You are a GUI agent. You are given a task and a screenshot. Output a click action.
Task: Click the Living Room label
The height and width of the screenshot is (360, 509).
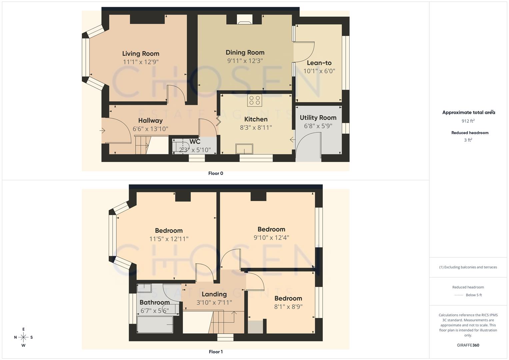click(x=140, y=54)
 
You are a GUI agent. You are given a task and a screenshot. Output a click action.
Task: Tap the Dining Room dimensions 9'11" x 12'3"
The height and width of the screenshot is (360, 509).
click(x=245, y=61)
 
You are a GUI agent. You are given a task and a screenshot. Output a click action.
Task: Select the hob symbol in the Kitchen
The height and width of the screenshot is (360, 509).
click(x=255, y=100)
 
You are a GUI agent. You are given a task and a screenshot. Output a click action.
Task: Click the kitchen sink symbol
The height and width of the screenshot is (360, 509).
click(x=244, y=149)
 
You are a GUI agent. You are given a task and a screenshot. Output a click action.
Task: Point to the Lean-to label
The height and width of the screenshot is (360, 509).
click(x=319, y=63)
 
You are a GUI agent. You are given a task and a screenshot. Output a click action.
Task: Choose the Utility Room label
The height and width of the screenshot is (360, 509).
click(x=318, y=118)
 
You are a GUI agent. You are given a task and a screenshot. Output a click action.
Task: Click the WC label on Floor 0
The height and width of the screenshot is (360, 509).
click(x=195, y=142)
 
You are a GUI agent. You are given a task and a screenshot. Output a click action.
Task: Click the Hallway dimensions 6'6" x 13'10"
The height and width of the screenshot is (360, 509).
click(x=150, y=129)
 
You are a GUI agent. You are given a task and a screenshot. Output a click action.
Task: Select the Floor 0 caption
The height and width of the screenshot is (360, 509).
click(x=216, y=173)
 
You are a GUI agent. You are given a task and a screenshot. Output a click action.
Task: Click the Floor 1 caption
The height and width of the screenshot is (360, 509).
click(x=216, y=352)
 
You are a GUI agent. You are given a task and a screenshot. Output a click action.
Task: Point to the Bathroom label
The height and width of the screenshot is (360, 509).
click(x=154, y=302)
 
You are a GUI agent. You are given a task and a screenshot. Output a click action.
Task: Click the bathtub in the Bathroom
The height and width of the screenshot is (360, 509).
click(x=155, y=324)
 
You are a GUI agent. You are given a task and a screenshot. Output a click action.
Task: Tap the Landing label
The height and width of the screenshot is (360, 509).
click(x=214, y=294)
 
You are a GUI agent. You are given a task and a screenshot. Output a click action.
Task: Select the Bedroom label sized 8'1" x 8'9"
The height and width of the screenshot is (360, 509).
click(x=288, y=298)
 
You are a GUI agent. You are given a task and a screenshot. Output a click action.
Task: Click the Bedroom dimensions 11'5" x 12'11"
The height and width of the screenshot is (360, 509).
click(x=169, y=239)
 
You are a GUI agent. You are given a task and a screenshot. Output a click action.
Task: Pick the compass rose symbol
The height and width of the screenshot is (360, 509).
click(x=23, y=337)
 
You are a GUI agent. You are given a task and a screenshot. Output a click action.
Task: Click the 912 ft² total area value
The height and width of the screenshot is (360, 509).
click(x=468, y=121)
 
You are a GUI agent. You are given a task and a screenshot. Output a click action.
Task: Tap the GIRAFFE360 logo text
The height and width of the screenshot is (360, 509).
click(x=468, y=345)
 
